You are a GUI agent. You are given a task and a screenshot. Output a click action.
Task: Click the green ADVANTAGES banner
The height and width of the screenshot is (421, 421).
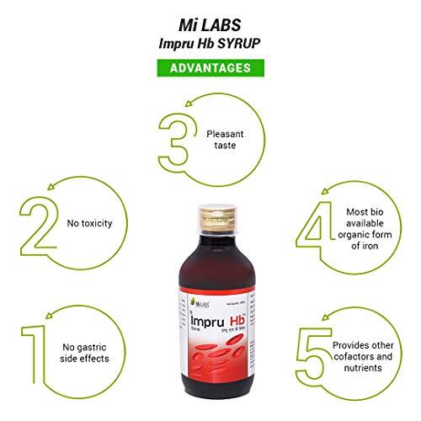tap(210, 67)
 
